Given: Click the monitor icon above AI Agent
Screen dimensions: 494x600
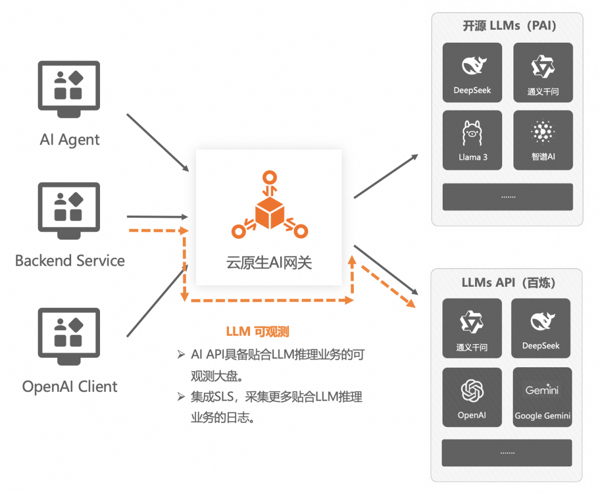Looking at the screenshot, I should (x=69, y=88).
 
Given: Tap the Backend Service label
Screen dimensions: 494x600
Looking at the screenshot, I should (x=70, y=261).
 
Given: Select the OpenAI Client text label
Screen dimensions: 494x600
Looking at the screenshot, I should (x=70, y=387).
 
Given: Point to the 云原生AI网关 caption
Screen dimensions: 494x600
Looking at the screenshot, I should (x=269, y=262).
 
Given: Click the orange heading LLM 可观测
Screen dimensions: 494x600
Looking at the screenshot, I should (x=258, y=332).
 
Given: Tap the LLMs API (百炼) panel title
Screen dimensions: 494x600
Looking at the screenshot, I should (x=508, y=282).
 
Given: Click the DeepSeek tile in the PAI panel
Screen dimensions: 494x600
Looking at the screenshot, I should (x=472, y=73).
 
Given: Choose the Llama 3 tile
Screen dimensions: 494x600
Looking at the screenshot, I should (x=472, y=140).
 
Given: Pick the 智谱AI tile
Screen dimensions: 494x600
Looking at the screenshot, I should (x=543, y=140).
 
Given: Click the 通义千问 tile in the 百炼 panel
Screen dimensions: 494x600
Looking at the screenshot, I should (x=472, y=328).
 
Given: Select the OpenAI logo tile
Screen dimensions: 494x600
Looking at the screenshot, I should (x=472, y=397).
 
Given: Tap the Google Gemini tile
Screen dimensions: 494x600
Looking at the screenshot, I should (x=542, y=397).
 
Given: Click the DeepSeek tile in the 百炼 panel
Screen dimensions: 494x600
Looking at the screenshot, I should (x=541, y=328).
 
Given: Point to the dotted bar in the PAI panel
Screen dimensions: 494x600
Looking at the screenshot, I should (x=507, y=197).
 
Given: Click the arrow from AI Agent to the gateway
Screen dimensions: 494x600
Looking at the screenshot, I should (x=158, y=142).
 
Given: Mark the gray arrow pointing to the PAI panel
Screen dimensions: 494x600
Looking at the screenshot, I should (x=386, y=176).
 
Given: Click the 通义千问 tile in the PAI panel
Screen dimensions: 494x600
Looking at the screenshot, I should (x=543, y=73).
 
